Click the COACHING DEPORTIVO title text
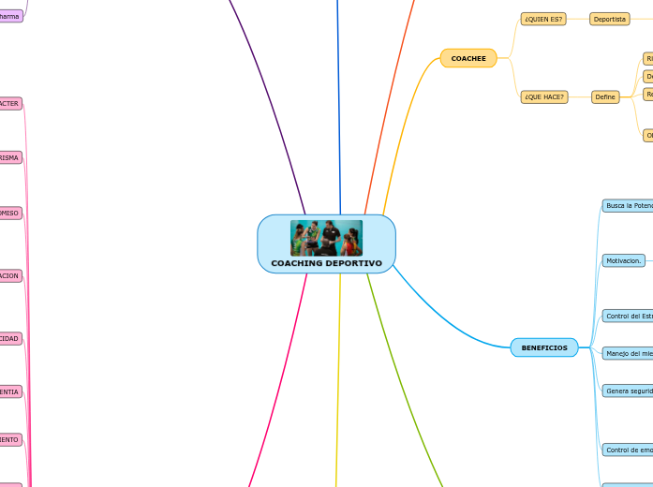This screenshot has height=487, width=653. [326, 263]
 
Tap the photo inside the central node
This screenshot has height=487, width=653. [326, 238]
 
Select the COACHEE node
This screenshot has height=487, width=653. [467, 58]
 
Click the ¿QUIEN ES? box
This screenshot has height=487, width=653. [543, 19]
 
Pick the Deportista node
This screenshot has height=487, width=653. [609, 19]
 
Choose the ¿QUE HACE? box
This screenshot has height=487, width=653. [543, 96]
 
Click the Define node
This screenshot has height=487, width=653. [605, 96]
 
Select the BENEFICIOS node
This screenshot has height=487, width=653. [543, 347]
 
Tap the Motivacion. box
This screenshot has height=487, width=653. [624, 260]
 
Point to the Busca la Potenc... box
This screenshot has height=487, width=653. [628, 205]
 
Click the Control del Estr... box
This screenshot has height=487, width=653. [628, 316]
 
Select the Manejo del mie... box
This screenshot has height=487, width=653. [628, 353]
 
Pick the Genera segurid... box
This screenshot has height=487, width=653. [628, 391]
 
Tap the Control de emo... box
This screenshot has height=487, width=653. [628, 450]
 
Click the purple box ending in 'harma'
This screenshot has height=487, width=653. [10, 16]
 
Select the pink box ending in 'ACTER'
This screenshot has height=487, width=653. [10, 103]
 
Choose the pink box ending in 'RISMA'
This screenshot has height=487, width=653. [10, 157]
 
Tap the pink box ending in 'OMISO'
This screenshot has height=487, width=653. [10, 213]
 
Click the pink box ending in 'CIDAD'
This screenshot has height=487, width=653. [10, 338]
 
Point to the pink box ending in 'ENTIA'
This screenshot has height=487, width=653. [10, 391]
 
